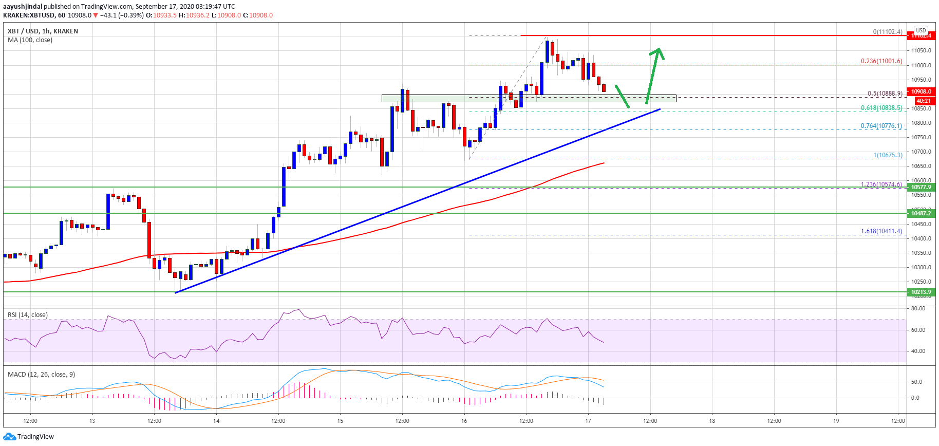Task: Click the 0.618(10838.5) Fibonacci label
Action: pos(881,108)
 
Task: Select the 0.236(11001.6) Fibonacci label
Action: pos(881,61)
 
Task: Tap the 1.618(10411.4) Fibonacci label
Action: pos(881,231)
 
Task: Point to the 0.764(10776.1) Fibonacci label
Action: pos(881,126)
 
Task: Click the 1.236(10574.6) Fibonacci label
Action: pos(881,184)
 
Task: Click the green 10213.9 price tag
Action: pos(921,292)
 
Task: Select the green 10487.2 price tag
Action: pos(921,213)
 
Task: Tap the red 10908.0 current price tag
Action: pos(921,91)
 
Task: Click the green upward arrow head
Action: pos(658,52)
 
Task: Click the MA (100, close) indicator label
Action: pos(30,40)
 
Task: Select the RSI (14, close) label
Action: pos(28,314)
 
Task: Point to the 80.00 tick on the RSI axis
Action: pos(918,308)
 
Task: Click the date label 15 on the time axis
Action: pos(340,421)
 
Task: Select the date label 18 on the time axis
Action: pos(712,421)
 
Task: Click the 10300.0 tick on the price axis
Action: pos(921,267)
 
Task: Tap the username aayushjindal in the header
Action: pos(23,7)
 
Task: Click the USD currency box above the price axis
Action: pos(921,30)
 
